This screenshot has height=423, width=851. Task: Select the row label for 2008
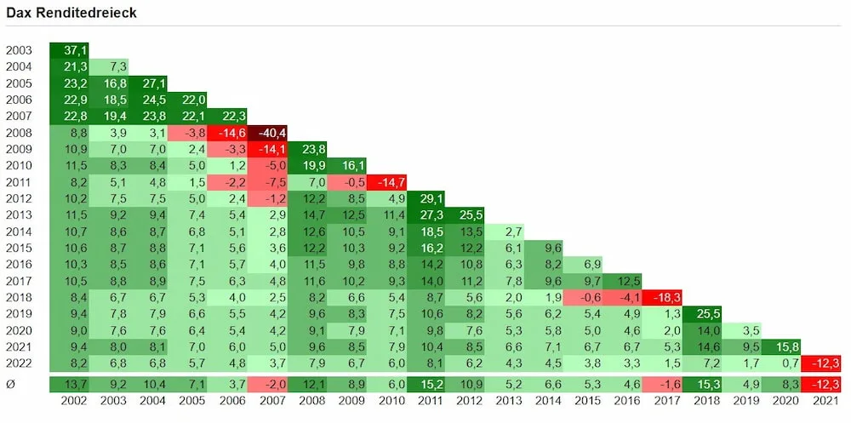click(19, 133)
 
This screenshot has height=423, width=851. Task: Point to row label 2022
click(19, 363)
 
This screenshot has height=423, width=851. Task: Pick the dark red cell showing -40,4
click(267, 133)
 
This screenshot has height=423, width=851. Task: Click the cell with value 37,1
click(69, 50)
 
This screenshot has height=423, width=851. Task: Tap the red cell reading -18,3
click(661, 297)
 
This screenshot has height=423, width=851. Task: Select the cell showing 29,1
click(426, 198)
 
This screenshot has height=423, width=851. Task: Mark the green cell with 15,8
click(780, 346)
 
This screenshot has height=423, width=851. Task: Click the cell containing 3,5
click(741, 330)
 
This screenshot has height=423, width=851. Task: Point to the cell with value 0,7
click(780, 363)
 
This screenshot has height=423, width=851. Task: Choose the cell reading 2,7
click(505, 232)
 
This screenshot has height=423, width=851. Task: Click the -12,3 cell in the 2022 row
click(821, 363)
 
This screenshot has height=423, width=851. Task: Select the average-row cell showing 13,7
click(69, 385)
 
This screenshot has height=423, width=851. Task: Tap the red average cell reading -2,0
click(267, 385)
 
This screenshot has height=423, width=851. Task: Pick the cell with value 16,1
click(347, 165)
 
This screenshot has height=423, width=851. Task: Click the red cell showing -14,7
click(386, 182)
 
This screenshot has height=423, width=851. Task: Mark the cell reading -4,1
click(622, 297)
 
